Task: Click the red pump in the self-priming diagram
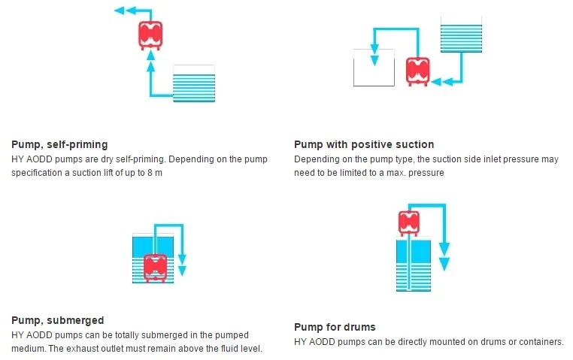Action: (x=150, y=35)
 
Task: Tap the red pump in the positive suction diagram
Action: (x=417, y=71)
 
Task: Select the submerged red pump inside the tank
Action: (x=156, y=268)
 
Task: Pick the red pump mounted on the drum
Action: (x=408, y=222)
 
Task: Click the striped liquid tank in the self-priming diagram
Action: (x=194, y=83)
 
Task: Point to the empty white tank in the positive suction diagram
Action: (x=374, y=68)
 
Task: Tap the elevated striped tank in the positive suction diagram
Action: (x=461, y=35)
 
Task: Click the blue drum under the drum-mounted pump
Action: (x=414, y=264)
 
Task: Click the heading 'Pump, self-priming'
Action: (x=59, y=144)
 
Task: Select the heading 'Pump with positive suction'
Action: (x=364, y=144)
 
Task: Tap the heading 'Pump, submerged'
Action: (x=58, y=320)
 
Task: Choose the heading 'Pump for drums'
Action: (x=335, y=327)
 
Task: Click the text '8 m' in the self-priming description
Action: (x=155, y=173)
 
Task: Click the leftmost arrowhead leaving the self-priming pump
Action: (x=119, y=11)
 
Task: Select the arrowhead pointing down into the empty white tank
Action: (x=374, y=61)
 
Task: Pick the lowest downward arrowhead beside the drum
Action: (x=444, y=264)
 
